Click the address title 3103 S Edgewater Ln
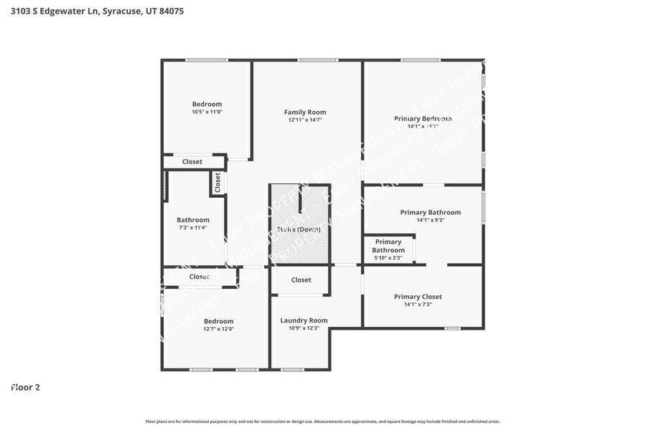click(97, 11)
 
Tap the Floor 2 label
click(26, 387)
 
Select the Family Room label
click(305, 112)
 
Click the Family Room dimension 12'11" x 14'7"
click(305, 120)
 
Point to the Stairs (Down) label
click(299, 229)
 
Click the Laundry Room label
click(304, 320)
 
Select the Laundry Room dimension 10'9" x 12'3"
click(304, 328)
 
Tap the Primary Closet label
click(418, 297)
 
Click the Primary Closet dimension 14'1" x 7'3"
click(418, 305)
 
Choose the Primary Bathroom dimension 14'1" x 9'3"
click(431, 220)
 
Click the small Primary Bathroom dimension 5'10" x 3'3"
click(388, 258)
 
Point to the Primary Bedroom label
click(423, 118)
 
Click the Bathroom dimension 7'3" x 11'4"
click(193, 228)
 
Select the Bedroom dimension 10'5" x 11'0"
click(207, 112)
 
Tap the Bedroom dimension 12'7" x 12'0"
click(218, 329)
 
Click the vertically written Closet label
click(217, 182)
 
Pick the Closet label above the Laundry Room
click(301, 279)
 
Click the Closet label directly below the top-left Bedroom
click(192, 162)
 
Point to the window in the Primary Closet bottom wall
click(452, 328)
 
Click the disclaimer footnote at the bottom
click(323, 421)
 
